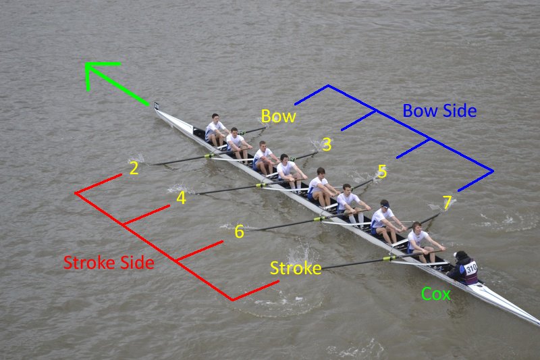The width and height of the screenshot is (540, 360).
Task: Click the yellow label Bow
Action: click(x=278, y=116)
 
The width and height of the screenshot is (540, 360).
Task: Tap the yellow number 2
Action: click(x=134, y=169)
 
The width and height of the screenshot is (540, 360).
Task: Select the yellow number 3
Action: click(x=327, y=145)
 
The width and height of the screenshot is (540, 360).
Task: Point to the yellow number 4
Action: click(x=181, y=199)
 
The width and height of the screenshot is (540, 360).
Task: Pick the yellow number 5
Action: click(x=382, y=172)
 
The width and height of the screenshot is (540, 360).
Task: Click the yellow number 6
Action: click(x=239, y=232)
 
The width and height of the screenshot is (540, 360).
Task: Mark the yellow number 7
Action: click(x=447, y=203)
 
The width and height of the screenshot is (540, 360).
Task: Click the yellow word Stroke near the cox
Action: click(x=296, y=268)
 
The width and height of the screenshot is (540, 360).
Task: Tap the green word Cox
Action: click(x=435, y=294)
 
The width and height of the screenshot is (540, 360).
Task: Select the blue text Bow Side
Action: click(x=439, y=111)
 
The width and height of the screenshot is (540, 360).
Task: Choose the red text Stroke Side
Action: click(x=109, y=263)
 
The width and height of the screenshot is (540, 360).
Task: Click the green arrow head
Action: click(x=90, y=67)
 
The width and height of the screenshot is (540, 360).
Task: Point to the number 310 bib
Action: click(x=470, y=267)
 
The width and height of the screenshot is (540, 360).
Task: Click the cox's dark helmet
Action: click(x=462, y=256)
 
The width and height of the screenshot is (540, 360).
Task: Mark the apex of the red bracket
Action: click(x=76, y=193)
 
